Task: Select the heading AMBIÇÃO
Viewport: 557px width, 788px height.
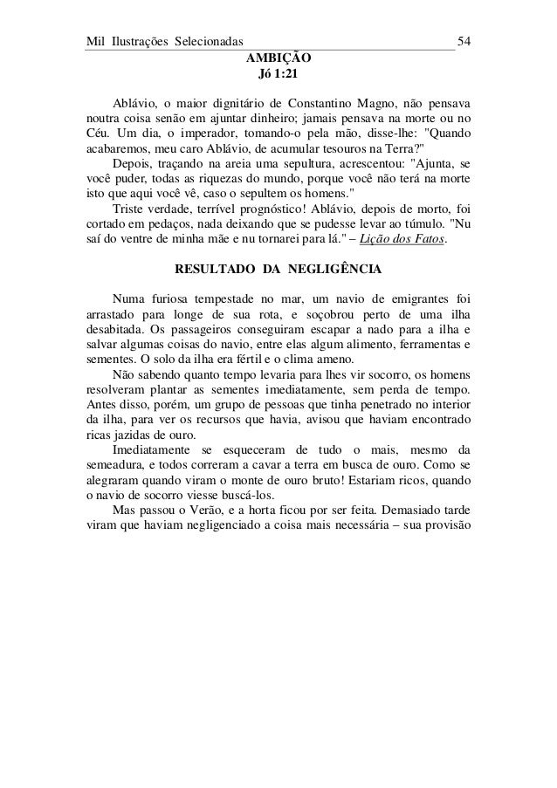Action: (x=278, y=58)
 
